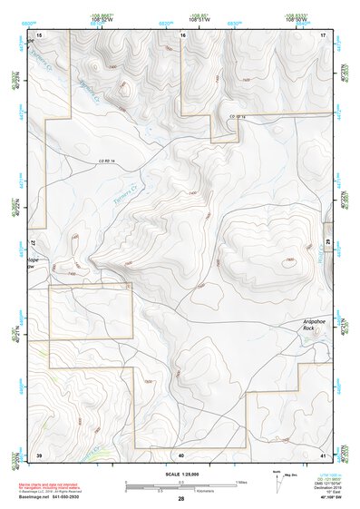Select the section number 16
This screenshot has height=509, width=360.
pyautogui.click(x=183, y=34)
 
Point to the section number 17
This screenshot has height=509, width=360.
pyautogui.click(x=323, y=34)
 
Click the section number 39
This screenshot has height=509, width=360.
pyautogui.click(x=39, y=454)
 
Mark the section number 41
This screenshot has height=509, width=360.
pyautogui.click(x=323, y=454)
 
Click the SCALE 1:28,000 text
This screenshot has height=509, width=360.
pyautogui.click(x=180, y=474)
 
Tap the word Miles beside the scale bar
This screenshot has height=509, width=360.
pyautogui.click(x=240, y=481)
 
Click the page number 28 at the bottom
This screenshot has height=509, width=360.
pyautogui.click(x=181, y=499)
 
